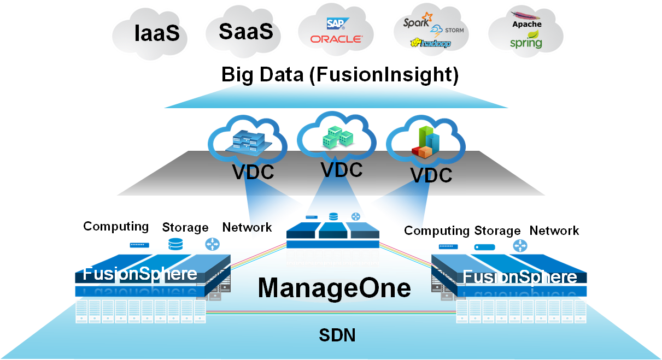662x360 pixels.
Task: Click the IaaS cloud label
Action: [x=157, y=34]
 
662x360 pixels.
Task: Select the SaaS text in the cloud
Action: [x=245, y=31]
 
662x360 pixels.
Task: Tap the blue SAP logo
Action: [x=335, y=23]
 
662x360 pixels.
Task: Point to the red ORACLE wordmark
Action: [x=336, y=39]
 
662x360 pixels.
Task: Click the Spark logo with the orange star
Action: [x=417, y=22]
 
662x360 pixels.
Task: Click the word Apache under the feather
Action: [x=527, y=25]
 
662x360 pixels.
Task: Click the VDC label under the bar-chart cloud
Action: [x=431, y=175]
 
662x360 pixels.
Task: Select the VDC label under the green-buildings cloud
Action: [x=342, y=169]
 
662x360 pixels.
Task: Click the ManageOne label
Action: [x=334, y=288]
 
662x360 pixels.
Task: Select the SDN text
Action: [x=337, y=335]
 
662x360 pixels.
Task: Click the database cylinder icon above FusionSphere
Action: [x=175, y=244]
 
